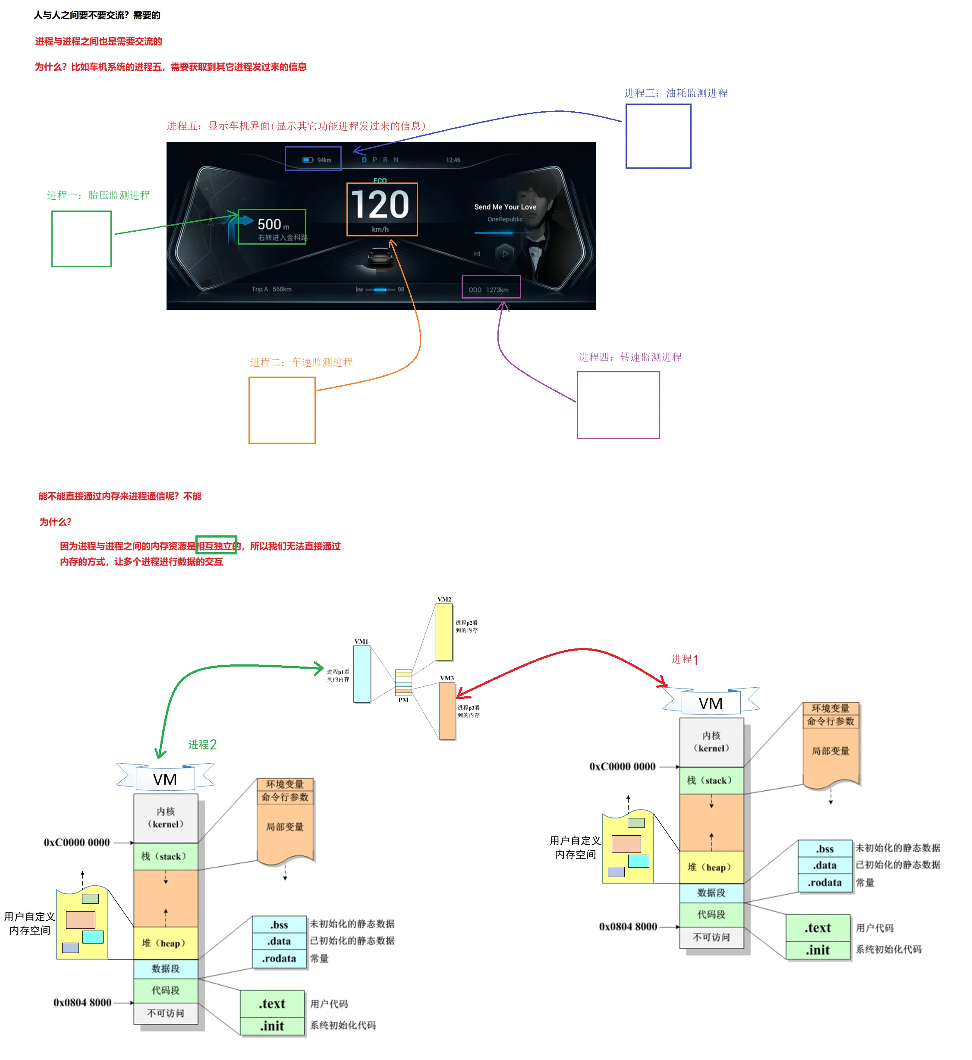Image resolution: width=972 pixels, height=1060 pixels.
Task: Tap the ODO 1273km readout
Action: tap(489, 290)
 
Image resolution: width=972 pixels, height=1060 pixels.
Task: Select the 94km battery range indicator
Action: tap(317, 160)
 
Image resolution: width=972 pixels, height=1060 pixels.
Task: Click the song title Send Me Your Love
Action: tap(505, 207)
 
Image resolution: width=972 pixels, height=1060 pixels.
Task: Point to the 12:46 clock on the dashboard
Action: tap(453, 160)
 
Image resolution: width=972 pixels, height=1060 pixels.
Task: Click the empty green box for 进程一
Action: tap(82, 239)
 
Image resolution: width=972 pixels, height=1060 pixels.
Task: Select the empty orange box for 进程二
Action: tap(282, 410)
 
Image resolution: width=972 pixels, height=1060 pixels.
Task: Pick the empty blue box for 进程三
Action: tap(658, 136)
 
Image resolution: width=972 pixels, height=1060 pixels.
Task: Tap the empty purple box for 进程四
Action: tap(618, 405)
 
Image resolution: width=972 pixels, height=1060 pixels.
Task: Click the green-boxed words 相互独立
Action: tap(216, 545)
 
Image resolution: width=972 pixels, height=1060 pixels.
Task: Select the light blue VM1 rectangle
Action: tap(362, 674)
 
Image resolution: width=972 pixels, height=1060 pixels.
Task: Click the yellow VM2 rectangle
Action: tap(444, 632)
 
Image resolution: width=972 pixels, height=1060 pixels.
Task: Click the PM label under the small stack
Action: tap(403, 700)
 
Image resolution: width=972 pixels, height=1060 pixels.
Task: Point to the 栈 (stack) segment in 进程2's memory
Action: tap(165, 856)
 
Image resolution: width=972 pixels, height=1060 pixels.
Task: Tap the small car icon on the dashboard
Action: tap(380, 258)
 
